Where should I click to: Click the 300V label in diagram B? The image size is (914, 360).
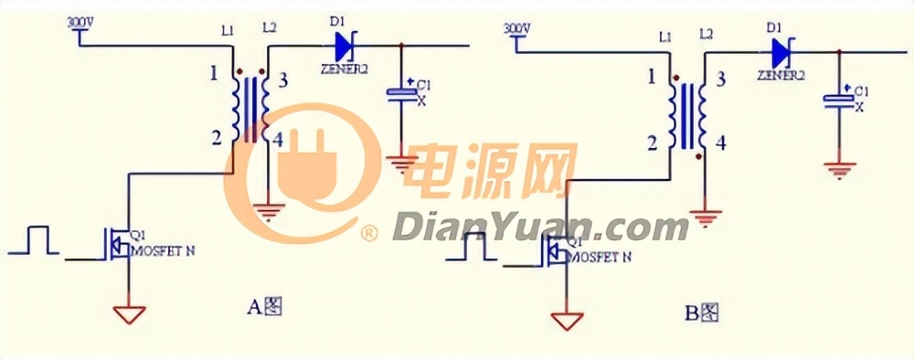pos(517,29)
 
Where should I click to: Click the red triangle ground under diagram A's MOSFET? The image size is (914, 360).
pos(129,313)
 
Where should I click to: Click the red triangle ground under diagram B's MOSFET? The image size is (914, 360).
pos(566,322)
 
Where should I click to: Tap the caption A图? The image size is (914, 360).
pos(265,307)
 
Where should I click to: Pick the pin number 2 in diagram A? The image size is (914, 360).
pos(216,138)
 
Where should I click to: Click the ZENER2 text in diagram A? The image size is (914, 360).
pos(344,68)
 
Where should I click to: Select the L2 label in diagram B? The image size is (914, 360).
pos(705,35)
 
